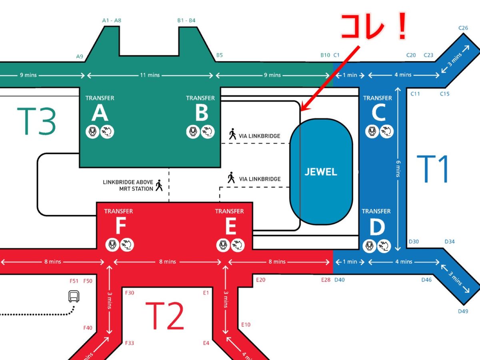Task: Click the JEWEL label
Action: point(321,172)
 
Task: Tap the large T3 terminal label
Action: point(36,121)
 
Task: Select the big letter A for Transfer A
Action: point(100,114)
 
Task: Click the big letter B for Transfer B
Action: point(201,114)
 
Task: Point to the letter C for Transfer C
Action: point(378,114)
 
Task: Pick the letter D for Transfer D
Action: point(377,228)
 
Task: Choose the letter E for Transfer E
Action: point(230,228)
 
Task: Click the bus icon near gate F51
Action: point(74,296)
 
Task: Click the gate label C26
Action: point(463,28)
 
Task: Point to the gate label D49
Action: point(463,311)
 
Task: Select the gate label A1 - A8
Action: point(112,20)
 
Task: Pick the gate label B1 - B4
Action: point(186,20)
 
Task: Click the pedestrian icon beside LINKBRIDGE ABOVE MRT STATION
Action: point(159,185)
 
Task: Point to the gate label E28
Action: point(326,280)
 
